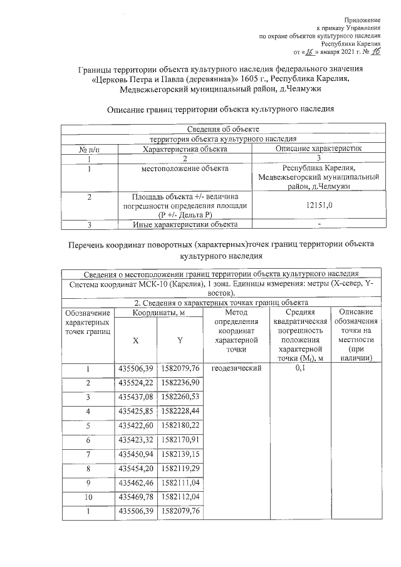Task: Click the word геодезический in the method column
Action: (x=236, y=368)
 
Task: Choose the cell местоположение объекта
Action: (x=185, y=169)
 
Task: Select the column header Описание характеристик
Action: (x=320, y=149)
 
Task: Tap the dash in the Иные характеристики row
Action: (x=320, y=224)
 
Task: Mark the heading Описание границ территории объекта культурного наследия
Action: (x=221, y=110)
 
